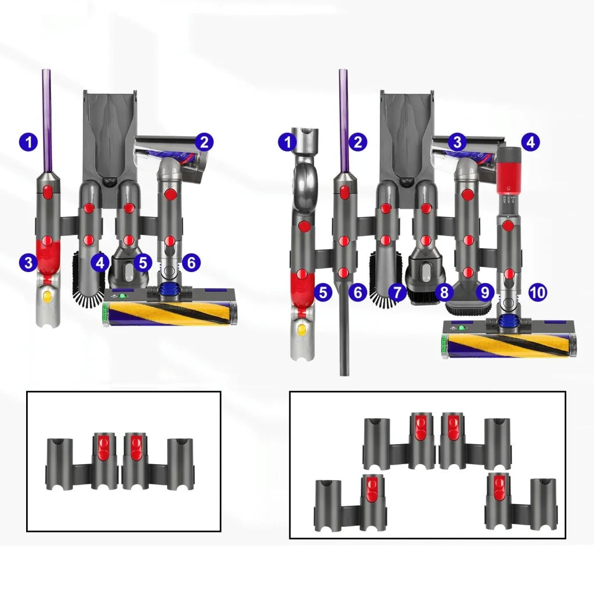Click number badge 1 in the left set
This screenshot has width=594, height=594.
coord(28,142)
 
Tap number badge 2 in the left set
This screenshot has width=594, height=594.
coord(204,142)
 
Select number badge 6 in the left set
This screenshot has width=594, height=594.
coord(191,263)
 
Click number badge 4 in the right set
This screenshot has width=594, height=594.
coord(529,142)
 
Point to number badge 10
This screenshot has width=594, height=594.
coord(538,292)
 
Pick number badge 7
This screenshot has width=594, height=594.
coord(397,292)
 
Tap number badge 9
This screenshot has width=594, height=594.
coord(485,292)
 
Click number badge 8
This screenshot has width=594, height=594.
coord(444,292)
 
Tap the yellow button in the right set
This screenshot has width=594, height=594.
coord(301,331)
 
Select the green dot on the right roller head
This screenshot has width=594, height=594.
coord(462,328)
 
